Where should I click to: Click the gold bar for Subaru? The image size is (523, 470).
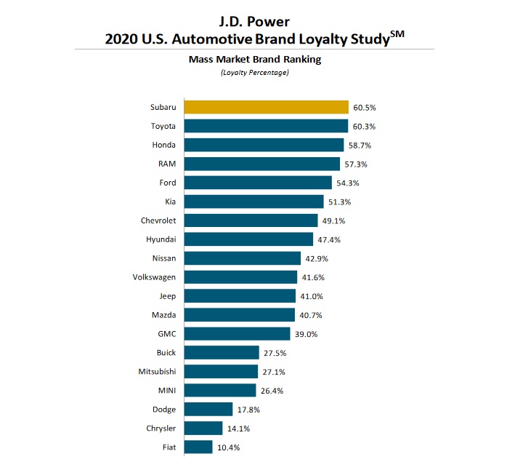[266, 107]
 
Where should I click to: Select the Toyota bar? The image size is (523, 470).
[266, 126]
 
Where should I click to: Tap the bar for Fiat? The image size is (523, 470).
[198, 447]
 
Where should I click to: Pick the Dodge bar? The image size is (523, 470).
[208, 409]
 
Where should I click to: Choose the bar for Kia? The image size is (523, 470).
[254, 202]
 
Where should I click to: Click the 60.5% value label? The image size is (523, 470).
[364, 108]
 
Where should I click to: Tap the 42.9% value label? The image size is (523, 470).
[316, 258]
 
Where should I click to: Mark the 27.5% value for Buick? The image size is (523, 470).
[275, 353]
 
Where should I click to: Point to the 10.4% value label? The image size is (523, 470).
[227, 447]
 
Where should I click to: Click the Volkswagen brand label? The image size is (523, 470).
[154, 277]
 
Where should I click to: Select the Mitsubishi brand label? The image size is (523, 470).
[156, 372]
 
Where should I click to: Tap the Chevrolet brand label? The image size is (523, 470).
[158, 220]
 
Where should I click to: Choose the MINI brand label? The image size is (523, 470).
[166, 391]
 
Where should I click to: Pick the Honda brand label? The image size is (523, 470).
[163, 145]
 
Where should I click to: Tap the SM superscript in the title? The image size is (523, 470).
[395, 31]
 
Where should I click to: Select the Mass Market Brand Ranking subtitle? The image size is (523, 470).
[261, 60]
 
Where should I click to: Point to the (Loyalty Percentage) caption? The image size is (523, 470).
[261, 73]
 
